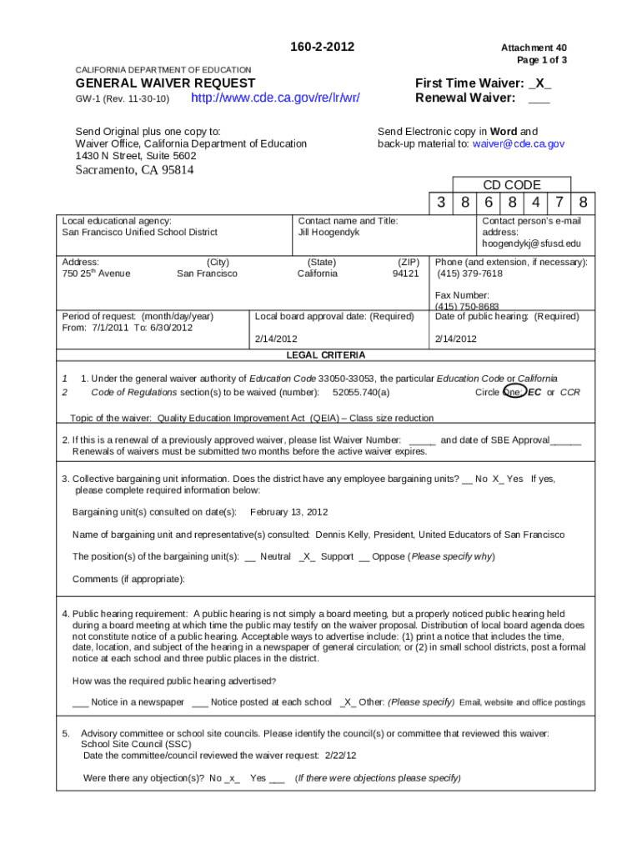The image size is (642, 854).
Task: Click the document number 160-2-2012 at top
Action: pyautogui.click(x=321, y=47)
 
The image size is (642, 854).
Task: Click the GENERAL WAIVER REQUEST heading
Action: pyautogui.click(x=165, y=83)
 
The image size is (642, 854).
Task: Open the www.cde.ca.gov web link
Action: pyautogui.click(x=275, y=98)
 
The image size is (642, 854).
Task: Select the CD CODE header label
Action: pyautogui.click(x=512, y=185)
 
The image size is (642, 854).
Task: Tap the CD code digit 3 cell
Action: pyautogui.click(x=440, y=203)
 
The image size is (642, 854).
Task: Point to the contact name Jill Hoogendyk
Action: pyautogui.click(x=329, y=233)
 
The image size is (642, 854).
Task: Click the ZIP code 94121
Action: pyautogui.click(x=405, y=274)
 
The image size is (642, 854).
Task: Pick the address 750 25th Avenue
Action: pyautogui.click(x=96, y=274)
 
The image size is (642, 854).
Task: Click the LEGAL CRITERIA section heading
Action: pyautogui.click(x=326, y=355)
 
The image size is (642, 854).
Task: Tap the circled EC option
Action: pyautogui.click(x=534, y=392)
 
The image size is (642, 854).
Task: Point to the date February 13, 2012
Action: pyautogui.click(x=288, y=512)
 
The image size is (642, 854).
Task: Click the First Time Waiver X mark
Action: pyautogui.click(x=539, y=83)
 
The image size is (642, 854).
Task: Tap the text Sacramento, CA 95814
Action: pyautogui.click(x=135, y=171)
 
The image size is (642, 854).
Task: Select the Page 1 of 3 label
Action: pyautogui.click(x=544, y=61)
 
